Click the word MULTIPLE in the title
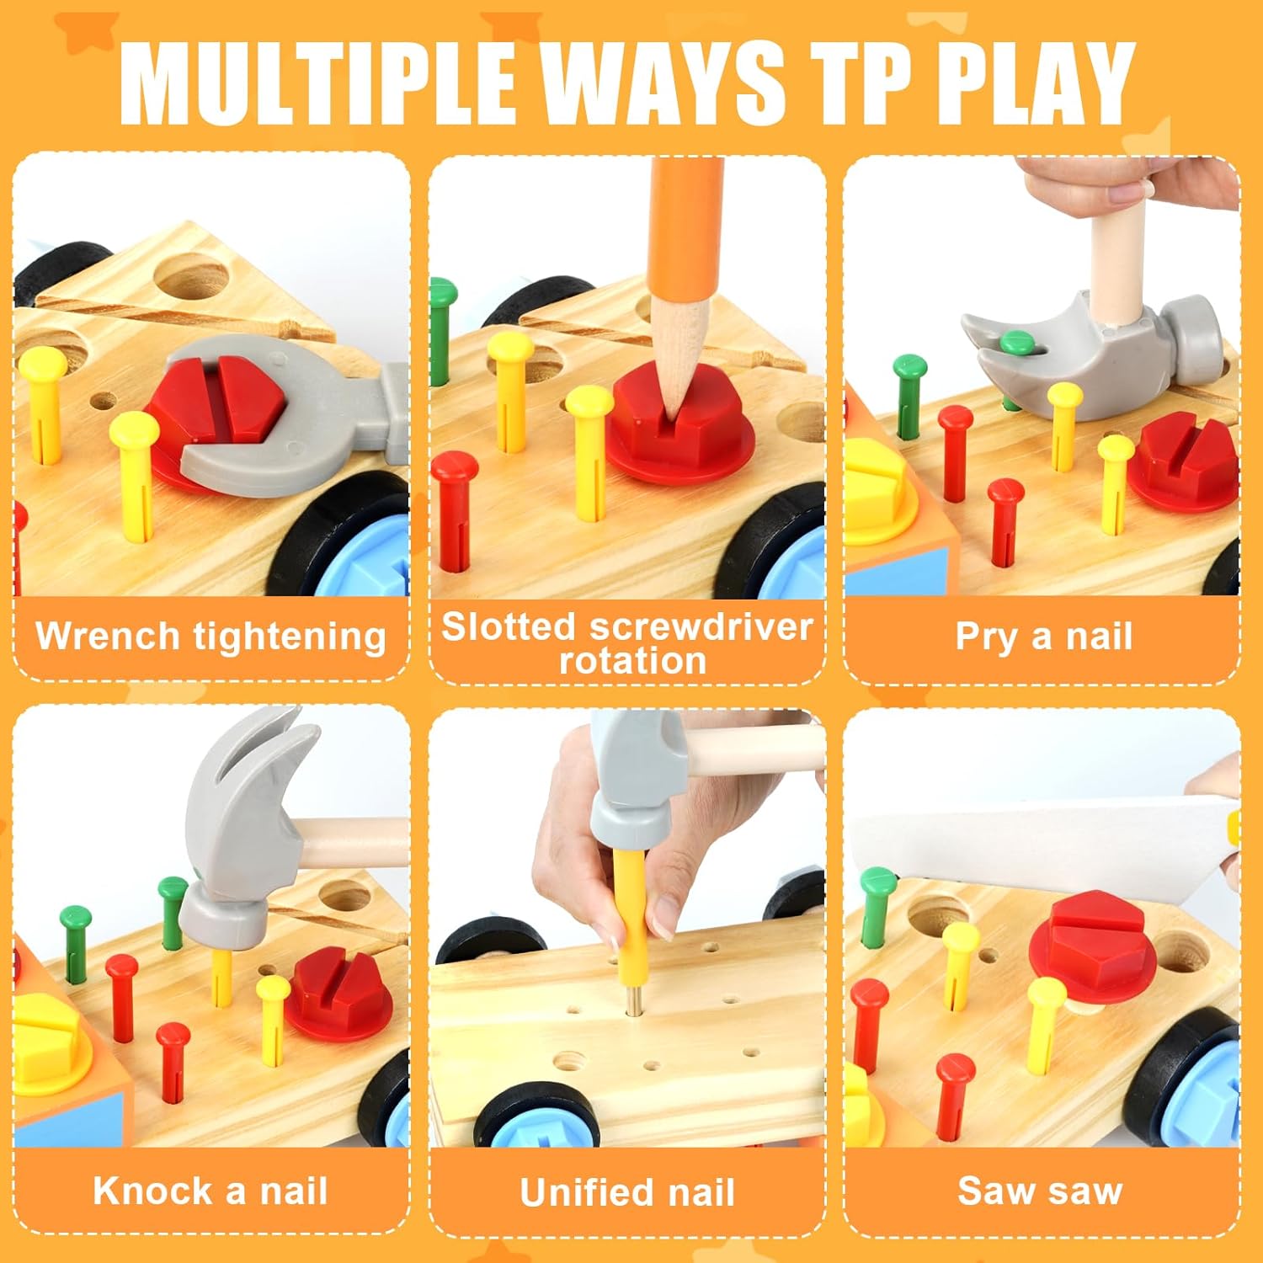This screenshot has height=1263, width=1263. pyautogui.click(x=317, y=82)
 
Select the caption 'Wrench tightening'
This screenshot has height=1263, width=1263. pyautogui.click(x=210, y=637)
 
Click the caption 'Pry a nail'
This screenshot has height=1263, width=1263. pyautogui.click(x=1043, y=637)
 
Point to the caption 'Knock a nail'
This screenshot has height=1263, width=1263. pyautogui.click(x=210, y=1191)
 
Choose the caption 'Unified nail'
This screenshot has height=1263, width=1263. pyautogui.click(x=627, y=1192)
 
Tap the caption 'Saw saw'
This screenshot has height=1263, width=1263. pyautogui.click(x=1041, y=1191)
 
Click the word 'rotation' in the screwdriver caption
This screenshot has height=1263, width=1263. pyautogui.click(x=632, y=661)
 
